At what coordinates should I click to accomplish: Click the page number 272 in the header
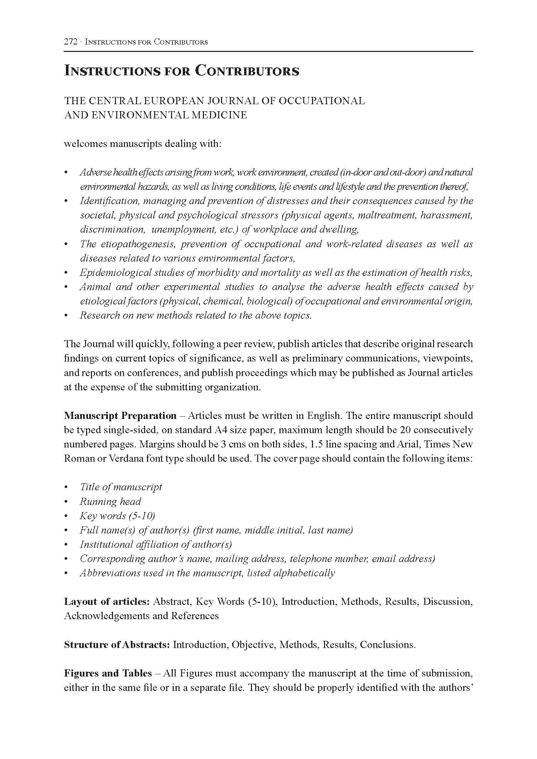click(x=70, y=42)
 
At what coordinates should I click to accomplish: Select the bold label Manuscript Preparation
click(x=120, y=416)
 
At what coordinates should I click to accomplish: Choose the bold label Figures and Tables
click(x=108, y=673)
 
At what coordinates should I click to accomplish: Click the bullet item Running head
click(x=110, y=501)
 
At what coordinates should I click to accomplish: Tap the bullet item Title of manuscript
click(x=121, y=487)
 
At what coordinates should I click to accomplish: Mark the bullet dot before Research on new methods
click(x=66, y=316)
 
